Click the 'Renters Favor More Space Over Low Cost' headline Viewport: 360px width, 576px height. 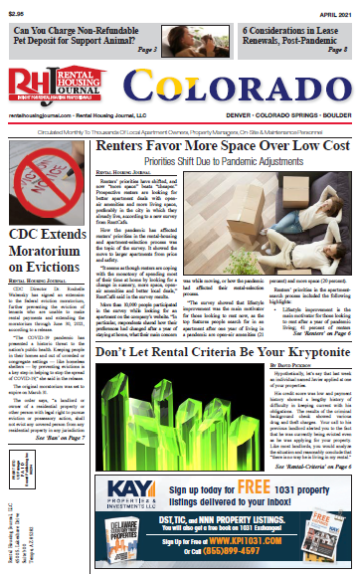pyautogui.click(x=223, y=145)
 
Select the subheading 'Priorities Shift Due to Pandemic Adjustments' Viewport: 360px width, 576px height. pyautogui.click(x=223, y=159)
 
